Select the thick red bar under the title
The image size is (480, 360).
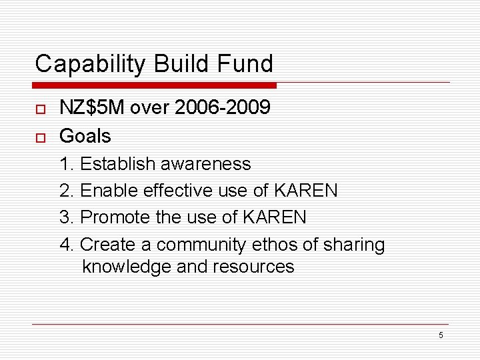point(155,85)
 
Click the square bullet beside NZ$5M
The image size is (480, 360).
point(39,109)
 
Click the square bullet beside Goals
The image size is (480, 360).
point(39,137)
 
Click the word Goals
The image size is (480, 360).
point(85,136)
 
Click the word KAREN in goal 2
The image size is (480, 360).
point(305,191)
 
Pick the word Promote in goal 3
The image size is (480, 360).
point(114,217)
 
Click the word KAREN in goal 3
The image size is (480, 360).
point(273,217)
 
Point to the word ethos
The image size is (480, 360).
point(275,245)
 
